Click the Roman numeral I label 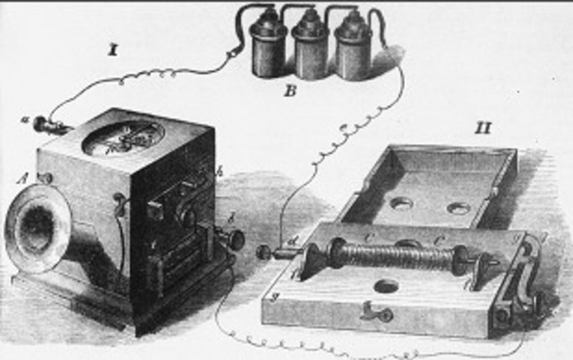[114, 50]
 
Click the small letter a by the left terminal [24, 119]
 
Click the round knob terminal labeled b [236, 240]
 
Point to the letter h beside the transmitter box [218, 170]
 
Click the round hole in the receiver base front [388, 288]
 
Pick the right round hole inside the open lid [458, 209]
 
